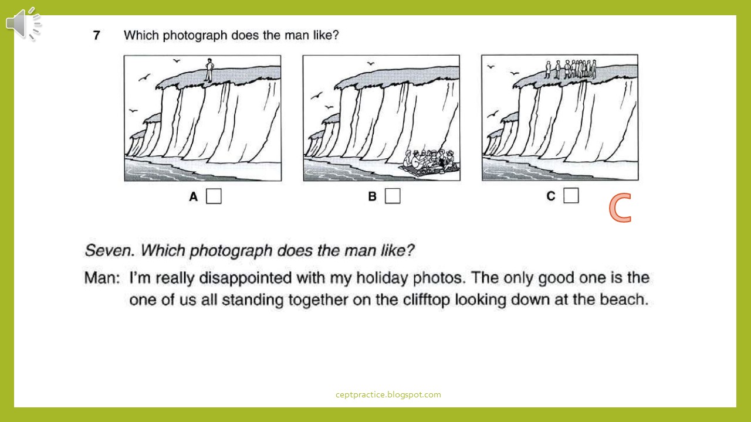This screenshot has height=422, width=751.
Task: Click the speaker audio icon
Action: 23,24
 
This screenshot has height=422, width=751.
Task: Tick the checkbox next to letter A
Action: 214,196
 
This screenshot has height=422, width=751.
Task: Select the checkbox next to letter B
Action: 393,196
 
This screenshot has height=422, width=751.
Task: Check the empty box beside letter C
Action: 571,195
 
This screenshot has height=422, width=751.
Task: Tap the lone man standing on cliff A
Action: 209,70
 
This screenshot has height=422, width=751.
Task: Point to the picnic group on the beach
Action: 431,162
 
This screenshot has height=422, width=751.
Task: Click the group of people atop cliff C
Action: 571,69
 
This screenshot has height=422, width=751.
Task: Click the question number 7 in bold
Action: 97,35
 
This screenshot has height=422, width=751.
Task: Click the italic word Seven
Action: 109,250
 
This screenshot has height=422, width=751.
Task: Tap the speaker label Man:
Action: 102,278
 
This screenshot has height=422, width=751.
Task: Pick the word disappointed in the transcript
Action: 245,278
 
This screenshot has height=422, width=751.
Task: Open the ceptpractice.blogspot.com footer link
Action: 388,394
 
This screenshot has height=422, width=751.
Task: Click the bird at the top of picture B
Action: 370,63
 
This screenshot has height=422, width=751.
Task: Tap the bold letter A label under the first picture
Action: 194,196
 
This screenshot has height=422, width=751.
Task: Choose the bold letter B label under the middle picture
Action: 372,196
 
